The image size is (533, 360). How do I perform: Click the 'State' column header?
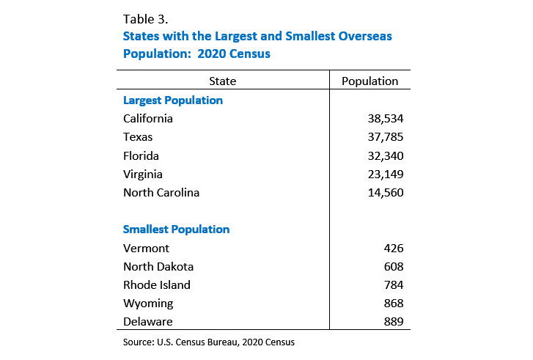223,81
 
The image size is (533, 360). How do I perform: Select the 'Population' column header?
370,81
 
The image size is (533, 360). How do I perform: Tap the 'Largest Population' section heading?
173,100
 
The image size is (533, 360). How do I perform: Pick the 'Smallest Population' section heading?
177,229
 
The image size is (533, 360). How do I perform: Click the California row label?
148,118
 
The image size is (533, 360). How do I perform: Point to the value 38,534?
386,118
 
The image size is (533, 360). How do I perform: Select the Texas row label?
138,137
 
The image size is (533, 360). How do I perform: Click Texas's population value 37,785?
386,137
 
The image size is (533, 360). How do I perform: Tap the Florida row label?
141,155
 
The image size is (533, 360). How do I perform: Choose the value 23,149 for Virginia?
386,175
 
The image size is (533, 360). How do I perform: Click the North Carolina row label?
161,193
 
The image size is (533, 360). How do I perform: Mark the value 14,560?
386,193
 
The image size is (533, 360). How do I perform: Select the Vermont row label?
146,249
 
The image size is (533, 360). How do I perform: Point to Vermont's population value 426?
392,249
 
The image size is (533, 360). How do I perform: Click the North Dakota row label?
158,267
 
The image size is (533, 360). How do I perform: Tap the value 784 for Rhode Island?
392,285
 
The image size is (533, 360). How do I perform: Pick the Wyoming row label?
147,304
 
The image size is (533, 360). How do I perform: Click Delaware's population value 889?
392,322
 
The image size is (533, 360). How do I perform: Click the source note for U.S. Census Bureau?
209,342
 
